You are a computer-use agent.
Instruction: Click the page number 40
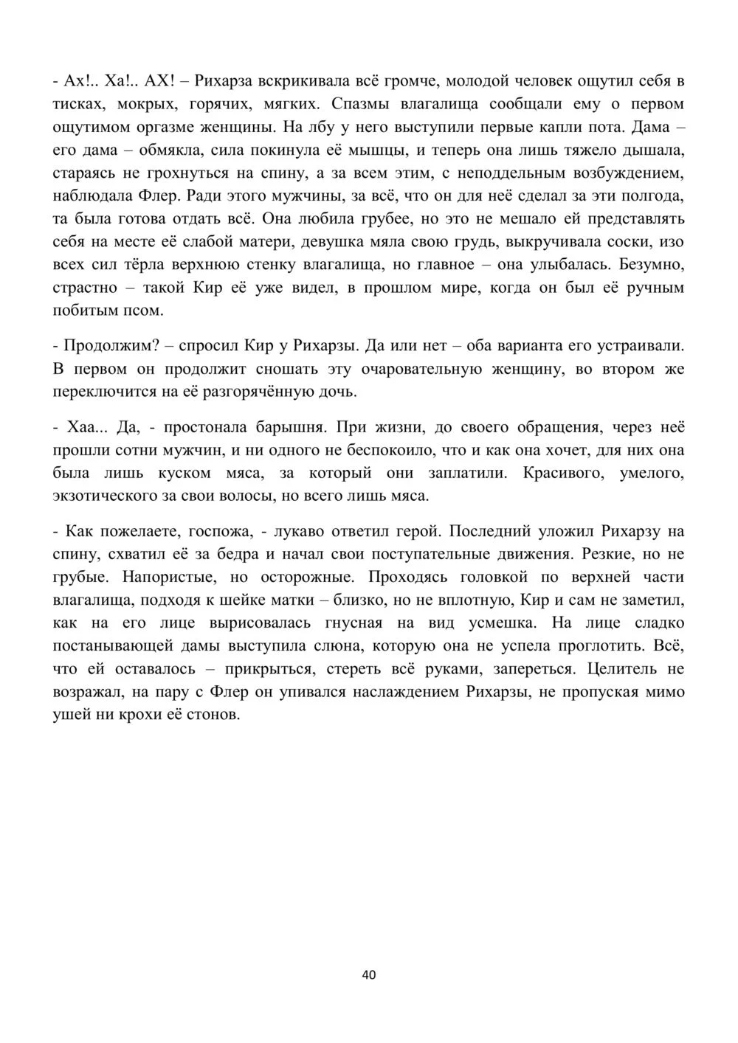pyautogui.click(x=369, y=974)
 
